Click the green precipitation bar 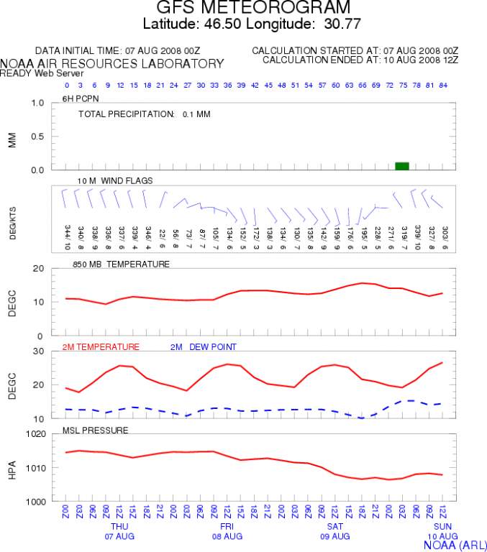click(x=402, y=166)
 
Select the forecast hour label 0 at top click(x=66, y=85)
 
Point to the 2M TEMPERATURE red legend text click(x=101, y=347)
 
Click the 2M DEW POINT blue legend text click(x=203, y=347)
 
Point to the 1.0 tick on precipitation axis click(x=38, y=103)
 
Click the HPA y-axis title click(x=12, y=467)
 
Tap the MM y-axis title click(x=12, y=137)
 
